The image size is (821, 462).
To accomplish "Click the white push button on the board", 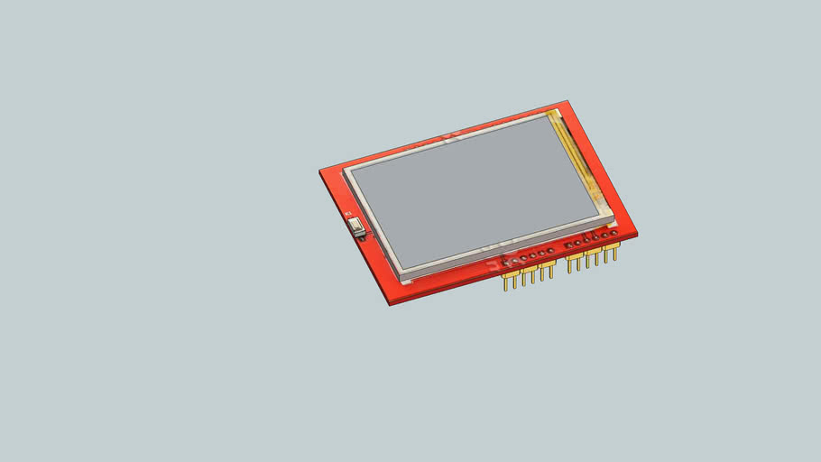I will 358,227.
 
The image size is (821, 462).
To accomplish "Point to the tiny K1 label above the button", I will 349,214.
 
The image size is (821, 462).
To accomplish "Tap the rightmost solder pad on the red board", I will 614,235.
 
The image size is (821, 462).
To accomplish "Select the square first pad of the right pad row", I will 568,245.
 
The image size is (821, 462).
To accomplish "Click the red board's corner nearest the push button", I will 320,171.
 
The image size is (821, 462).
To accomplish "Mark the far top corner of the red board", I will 567,101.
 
